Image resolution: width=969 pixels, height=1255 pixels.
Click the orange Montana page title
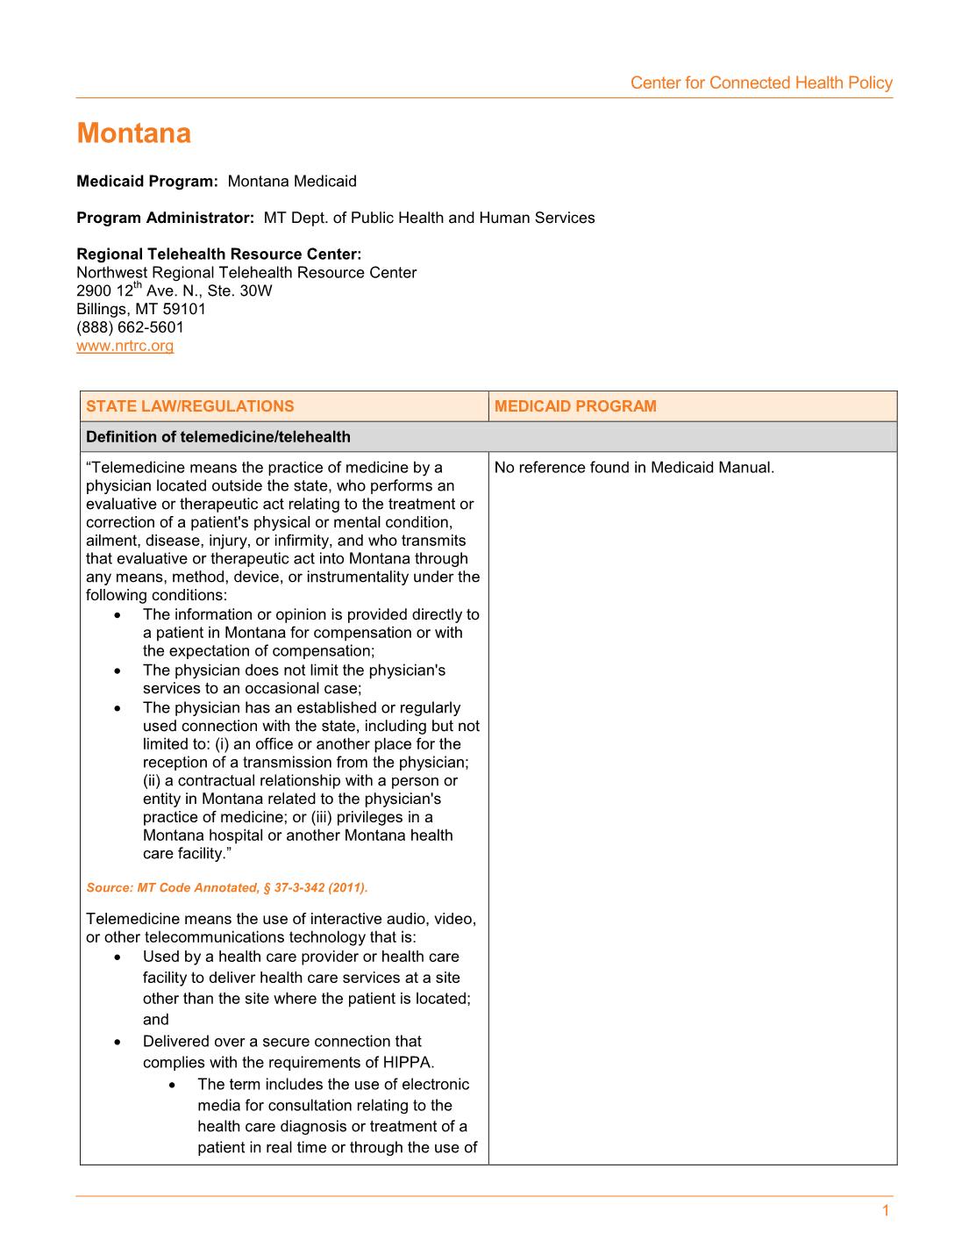133,133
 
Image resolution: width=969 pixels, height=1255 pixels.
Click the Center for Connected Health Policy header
760,83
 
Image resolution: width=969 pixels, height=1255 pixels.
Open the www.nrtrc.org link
125,346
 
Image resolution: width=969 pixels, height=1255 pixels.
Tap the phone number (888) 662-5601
130,327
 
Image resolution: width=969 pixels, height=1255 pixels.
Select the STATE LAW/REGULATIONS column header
189,406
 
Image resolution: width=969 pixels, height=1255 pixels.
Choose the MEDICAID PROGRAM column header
574,406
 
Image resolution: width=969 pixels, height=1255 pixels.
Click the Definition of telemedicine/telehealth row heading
217,437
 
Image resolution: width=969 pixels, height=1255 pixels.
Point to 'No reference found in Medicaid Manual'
634,468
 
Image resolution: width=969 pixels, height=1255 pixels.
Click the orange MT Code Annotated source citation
226,888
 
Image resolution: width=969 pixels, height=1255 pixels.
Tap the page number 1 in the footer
886,1211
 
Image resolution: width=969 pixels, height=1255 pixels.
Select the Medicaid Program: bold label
146,182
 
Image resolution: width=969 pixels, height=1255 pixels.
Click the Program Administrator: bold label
165,218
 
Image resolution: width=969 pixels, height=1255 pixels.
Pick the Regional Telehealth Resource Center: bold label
218,255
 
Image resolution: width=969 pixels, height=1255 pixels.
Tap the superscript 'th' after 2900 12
138,285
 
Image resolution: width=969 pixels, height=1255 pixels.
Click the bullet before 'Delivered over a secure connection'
118,1042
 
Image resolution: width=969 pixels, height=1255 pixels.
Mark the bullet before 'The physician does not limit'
118,671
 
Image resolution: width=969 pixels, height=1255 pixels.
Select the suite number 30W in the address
255,290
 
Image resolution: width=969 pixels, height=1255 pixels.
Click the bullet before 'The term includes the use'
173,1085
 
